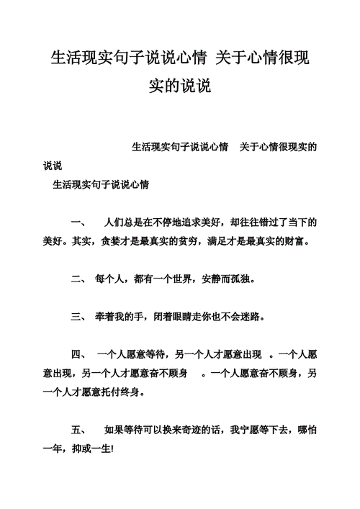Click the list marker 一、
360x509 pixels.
[x=78, y=222]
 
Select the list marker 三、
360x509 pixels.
[x=78, y=316]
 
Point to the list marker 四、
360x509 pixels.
[x=78, y=354]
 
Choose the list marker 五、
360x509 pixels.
[x=78, y=429]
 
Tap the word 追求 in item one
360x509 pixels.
[x=197, y=222]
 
